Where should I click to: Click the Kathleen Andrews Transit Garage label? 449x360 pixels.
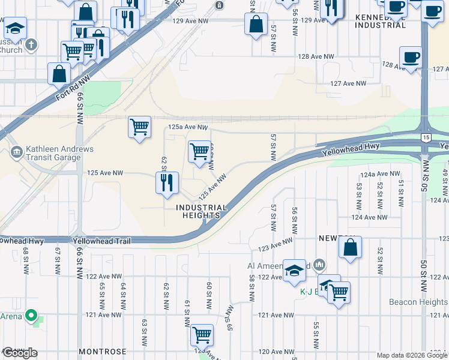(x=53, y=153)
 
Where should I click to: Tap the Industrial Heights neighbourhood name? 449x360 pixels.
(x=202, y=212)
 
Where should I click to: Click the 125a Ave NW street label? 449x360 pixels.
(x=188, y=127)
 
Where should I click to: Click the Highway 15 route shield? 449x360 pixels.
(x=425, y=139)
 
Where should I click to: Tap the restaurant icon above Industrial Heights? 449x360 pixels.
(x=167, y=182)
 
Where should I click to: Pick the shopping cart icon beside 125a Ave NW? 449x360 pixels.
(x=139, y=127)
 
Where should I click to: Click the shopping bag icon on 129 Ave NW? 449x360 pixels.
(x=256, y=25)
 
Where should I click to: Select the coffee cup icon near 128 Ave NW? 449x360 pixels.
(x=411, y=57)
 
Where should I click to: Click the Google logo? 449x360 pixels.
(x=19, y=353)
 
